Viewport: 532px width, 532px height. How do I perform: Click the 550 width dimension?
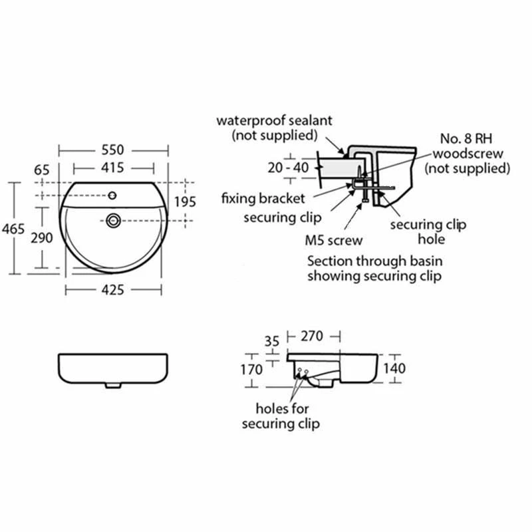pyautogui.click(x=114, y=150)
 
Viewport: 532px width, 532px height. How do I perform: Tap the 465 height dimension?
pyautogui.click(x=13, y=229)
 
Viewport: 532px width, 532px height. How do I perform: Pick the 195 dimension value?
pyautogui.click(x=186, y=201)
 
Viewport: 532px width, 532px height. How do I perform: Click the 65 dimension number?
pyautogui.click(x=42, y=170)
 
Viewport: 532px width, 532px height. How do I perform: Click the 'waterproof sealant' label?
pyautogui.click(x=274, y=121)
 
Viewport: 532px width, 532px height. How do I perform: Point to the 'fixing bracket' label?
pyautogui.click(x=263, y=198)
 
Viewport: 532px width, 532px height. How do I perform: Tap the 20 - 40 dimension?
pyautogui.click(x=288, y=168)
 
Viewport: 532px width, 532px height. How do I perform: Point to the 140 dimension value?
pyautogui.click(x=413, y=368)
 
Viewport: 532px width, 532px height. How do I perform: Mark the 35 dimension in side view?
pyautogui.click(x=273, y=341)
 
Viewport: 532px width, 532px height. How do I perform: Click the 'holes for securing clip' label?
pyautogui.click(x=281, y=416)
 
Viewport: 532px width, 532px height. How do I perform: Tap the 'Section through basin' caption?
pyautogui.click(x=374, y=261)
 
